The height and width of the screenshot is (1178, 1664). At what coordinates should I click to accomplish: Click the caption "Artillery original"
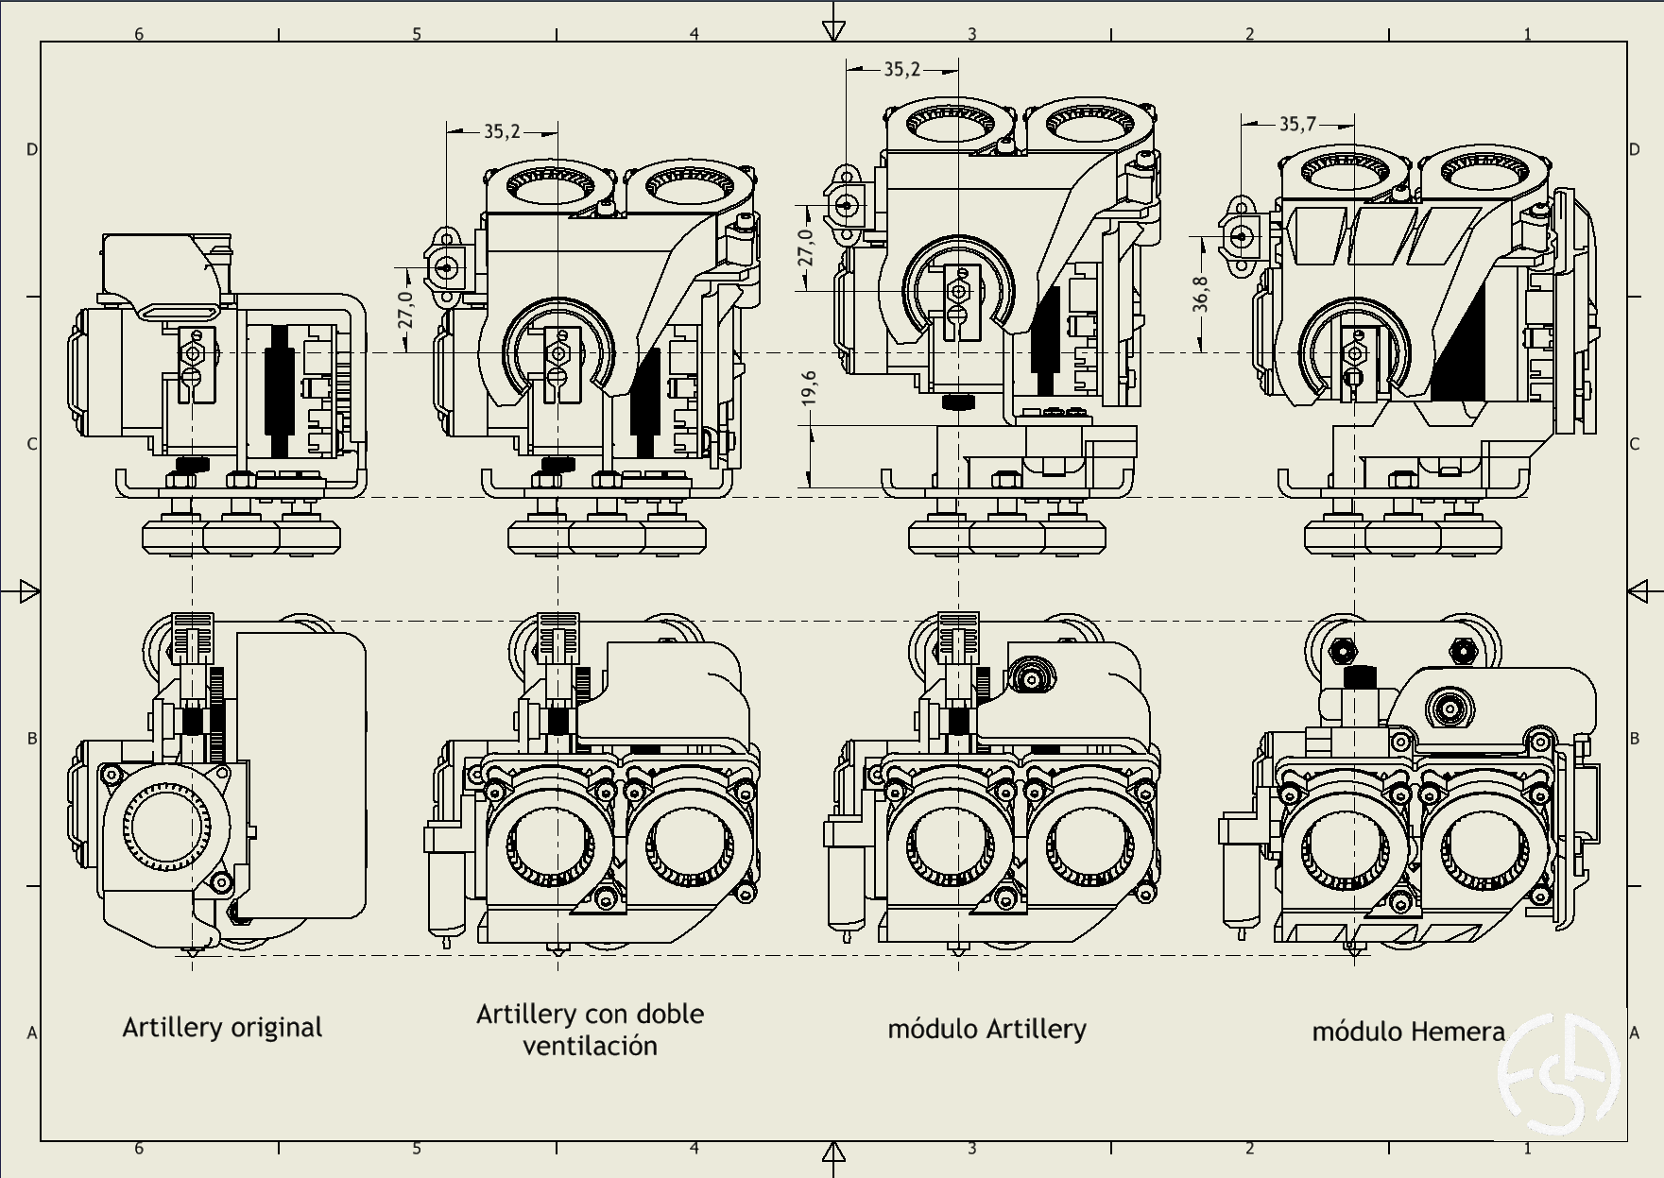point(222,1028)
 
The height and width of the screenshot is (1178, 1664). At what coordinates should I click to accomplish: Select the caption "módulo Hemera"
point(1408,1032)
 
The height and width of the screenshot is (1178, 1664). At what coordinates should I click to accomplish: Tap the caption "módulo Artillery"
point(986,1029)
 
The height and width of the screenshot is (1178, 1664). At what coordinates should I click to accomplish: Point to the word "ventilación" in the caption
point(590,1047)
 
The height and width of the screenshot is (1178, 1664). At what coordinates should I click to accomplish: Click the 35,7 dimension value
point(1297,124)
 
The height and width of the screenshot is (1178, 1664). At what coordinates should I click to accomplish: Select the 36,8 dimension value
point(1200,294)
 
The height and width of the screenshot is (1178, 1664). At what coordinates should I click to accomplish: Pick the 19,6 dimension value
point(809,388)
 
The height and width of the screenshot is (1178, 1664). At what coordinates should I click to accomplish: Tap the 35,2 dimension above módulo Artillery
point(901,69)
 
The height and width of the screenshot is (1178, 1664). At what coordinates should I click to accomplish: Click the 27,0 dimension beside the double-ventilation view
point(405,310)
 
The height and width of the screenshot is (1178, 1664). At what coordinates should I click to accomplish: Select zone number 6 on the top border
point(139,34)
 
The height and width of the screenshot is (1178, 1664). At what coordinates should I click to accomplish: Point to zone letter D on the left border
point(32,149)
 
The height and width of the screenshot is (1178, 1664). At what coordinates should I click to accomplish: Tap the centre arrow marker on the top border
point(832,31)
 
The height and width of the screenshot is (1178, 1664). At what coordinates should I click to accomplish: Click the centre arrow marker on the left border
point(29,592)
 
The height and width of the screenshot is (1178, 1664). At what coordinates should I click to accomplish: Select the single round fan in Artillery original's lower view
point(165,828)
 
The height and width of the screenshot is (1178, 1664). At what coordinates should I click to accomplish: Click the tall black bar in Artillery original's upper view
point(281,389)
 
